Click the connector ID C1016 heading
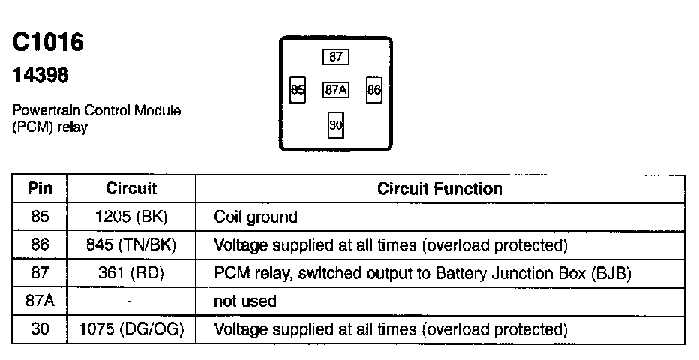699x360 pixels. (48, 43)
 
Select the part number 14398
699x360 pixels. (41, 76)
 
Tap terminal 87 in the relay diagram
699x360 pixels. (336, 56)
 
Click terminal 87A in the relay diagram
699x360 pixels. (336, 90)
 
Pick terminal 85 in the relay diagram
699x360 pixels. (298, 90)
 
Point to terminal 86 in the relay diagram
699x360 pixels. (374, 90)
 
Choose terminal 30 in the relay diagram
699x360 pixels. (336, 125)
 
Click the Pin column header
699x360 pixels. (40, 188)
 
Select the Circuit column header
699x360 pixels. (131, 188)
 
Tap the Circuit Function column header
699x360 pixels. (439, 188)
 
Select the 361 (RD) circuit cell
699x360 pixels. (130, 273)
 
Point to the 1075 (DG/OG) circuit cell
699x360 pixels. (132, 328)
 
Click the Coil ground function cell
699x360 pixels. (256, 217)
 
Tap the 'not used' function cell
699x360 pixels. (245, 301)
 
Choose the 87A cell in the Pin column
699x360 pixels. (40, 301)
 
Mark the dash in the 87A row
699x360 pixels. (130, 301)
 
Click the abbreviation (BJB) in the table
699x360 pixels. (609, 273)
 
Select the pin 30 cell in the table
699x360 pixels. (40, 328)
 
